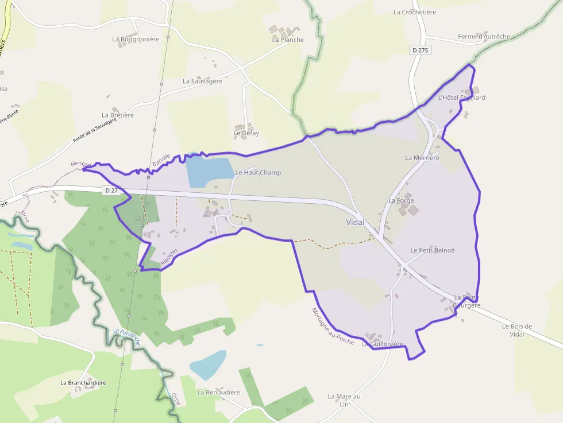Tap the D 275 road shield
click(x=421, y=51)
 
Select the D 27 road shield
click(x=111, y=190)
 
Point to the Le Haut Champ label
click(x=258, y=172)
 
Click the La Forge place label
click(x=401, y=201)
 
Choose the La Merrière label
click(x=422, y=158)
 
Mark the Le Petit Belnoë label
click(x=432, y=250)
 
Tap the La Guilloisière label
click(x=383, y=344)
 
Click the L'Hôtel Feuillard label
click(x=461, y=98)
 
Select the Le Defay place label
click(x=246, y=133)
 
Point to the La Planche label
click(x=288, y=40)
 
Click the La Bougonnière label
click(x=136, y=39)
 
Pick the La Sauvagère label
click(x=202, y=82)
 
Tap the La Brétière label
click(x=118, y=115)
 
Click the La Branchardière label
click(x=83, y=382)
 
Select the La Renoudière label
click(x=218, y=393)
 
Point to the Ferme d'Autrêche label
click(x=484, y=37)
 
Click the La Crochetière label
click(x=415, y=12)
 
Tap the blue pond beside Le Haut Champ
click(x=208, y=170)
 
